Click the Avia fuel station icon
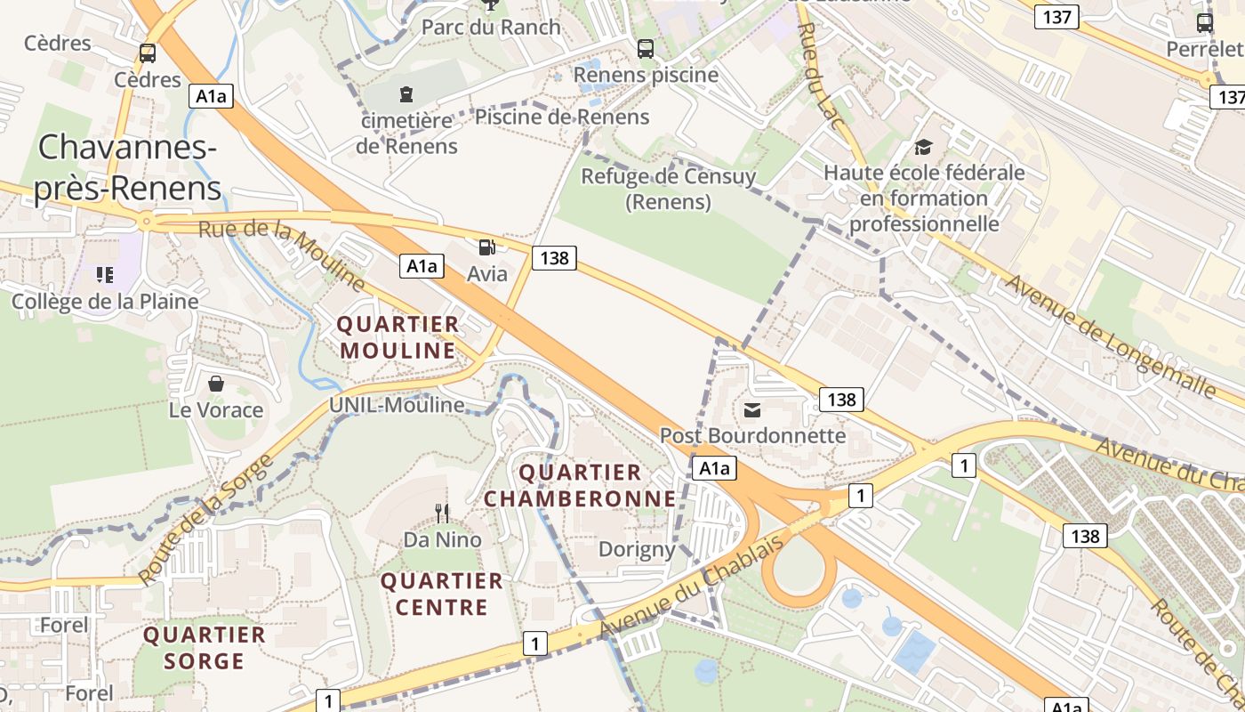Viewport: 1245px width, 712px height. point(486,247)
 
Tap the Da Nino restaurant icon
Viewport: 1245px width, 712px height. point(441,513)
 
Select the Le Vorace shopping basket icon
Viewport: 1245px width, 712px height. point(215,384)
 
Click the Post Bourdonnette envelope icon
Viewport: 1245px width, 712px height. point(752,409)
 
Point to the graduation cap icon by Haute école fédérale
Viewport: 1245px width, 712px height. point(924,147)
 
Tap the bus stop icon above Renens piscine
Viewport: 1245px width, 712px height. point(646,49)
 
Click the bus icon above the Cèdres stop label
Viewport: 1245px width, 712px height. point(148,53)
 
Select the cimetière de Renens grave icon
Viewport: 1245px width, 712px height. point(406,93)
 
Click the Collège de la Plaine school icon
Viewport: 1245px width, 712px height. point(106,275)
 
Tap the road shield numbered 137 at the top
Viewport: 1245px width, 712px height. point(1056,17)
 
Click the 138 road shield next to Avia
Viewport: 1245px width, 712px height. point(554,258)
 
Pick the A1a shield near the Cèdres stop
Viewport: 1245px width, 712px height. point(211,96)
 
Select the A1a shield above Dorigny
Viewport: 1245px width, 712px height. point(714,468)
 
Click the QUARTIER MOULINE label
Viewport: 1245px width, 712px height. point(398,337)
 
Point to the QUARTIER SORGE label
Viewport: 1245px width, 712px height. point(205,648)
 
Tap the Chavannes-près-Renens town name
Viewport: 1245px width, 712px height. point(128,167)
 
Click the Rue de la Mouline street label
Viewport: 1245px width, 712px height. point(282,256)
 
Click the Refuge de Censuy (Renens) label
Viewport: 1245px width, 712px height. point(668,189)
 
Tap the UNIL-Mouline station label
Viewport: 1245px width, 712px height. point(397,405)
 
